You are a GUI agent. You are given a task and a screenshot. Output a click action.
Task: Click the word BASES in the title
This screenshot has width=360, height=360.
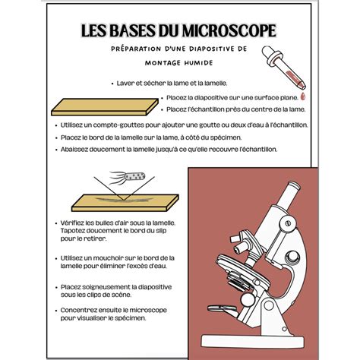pyautogui.click(x=137, y=31)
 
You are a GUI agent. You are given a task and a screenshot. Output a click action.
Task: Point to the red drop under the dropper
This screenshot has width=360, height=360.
pyautogui.click(x=303, y=97)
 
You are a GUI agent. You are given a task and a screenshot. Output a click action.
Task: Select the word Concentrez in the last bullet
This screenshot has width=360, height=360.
pyautogui.click(x=81, y=310)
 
